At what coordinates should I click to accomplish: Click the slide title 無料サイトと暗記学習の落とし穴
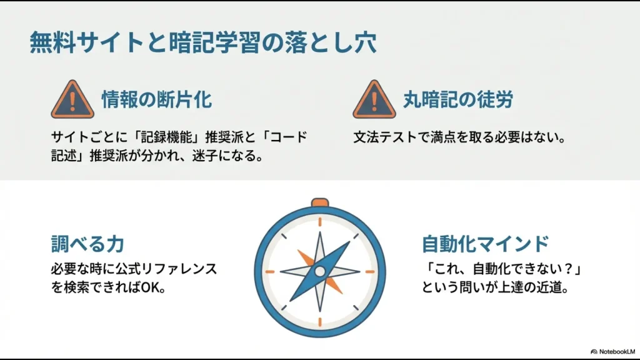203,42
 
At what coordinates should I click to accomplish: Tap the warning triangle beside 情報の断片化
72,100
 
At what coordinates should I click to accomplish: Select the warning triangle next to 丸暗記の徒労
374,100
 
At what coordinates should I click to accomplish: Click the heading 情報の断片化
156,99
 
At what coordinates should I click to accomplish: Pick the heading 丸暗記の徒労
457,99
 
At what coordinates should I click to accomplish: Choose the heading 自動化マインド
485,243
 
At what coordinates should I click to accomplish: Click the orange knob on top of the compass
320,202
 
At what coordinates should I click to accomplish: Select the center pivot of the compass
320,272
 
